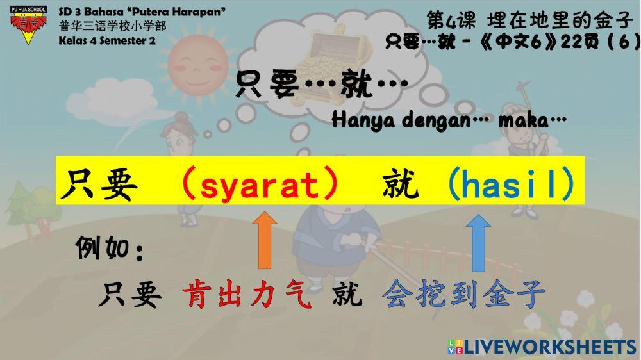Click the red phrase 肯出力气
(x=247, y=296)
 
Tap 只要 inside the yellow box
(x=99, y=186)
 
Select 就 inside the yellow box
(x=401, y=186)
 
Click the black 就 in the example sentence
(x=347, y=296)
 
